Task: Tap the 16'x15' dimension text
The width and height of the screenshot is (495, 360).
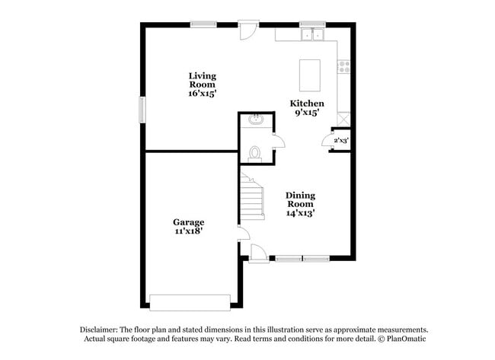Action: pos(203,94)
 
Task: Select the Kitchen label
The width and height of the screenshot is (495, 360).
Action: pos(307,104)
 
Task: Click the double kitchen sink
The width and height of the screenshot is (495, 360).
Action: pos(311,33)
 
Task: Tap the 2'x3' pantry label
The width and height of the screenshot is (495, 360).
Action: pos(340,140)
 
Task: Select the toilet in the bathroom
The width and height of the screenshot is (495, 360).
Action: pos(255,155)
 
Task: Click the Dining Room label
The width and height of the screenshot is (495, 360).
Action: pos(300,200)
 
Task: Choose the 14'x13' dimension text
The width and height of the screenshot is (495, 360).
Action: pos(300,213)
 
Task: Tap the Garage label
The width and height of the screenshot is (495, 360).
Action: pos(187,222)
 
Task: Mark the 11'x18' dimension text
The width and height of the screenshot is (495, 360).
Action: pos(187,231)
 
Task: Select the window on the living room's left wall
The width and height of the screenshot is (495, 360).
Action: pos(142,108)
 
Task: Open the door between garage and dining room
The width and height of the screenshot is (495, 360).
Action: pos(241,233)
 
